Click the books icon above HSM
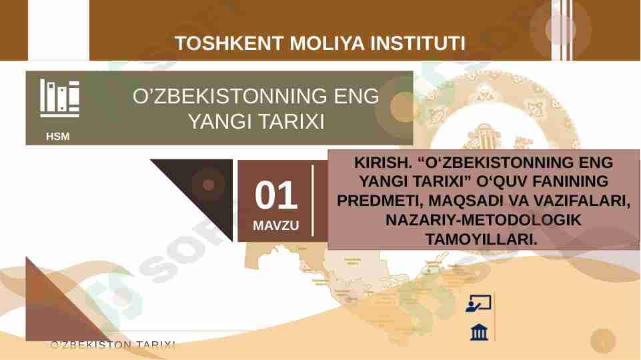(x=59, y=97)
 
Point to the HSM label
(x=58, y=137)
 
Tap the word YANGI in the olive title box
(x=217, y=123)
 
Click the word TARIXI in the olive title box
(x=291, y=123)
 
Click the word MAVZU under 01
(x=275, y=225)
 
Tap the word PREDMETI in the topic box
(x=374, y=200)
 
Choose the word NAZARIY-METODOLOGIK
(x=484, y=219)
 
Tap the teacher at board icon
(x=478, y=304)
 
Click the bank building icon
(x=479, y=331)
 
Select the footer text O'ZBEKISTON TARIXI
(x=113, y=345)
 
